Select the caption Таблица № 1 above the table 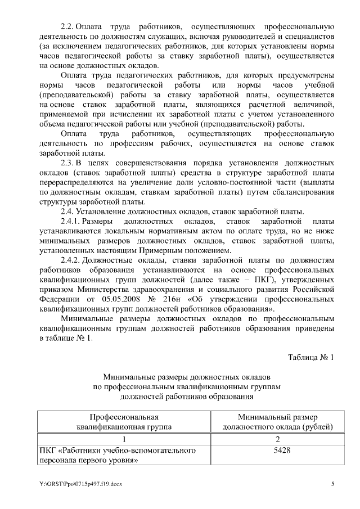[311, 358]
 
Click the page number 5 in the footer [332, 484]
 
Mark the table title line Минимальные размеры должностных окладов [186, 376]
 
